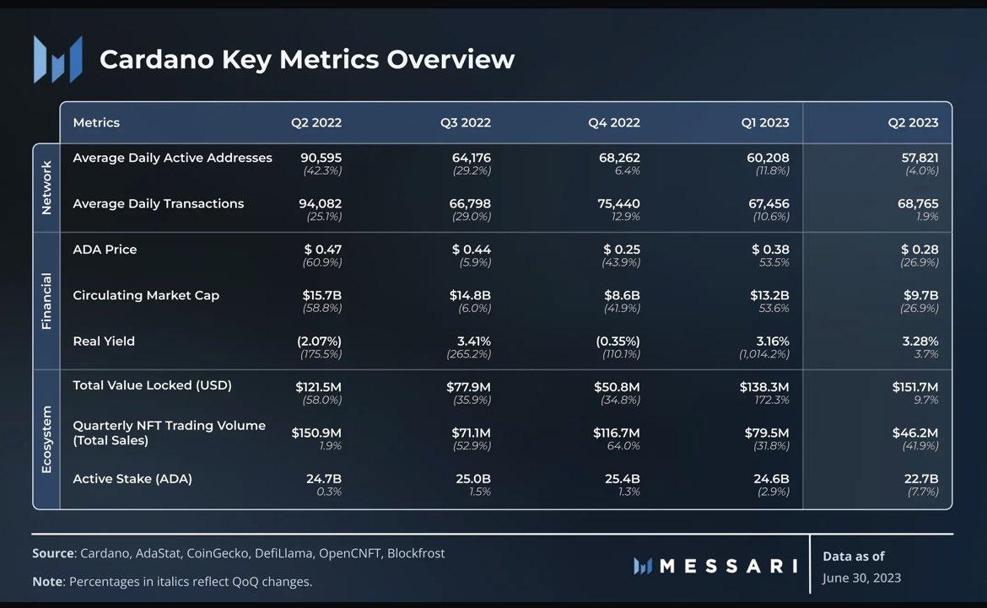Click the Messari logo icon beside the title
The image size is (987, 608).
coord(57,59)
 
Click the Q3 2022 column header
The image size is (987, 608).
coord(465,122)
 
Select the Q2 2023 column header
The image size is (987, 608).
coord(913,122)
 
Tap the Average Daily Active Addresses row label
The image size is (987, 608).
coord(172,158)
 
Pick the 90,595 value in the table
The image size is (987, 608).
coord(321,158)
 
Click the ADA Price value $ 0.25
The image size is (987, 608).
coord(622,250)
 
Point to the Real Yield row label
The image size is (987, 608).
coord(104,342)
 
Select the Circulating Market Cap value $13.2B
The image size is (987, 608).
coord(770,295)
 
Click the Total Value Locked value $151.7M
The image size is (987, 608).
coord(915,387)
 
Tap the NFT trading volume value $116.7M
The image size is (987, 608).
coord(617,433)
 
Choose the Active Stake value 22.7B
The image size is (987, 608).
coord(920,479)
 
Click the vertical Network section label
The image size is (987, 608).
coord(46,187)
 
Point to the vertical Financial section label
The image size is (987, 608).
coord(46,301)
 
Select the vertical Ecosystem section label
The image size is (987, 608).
coord(46,439)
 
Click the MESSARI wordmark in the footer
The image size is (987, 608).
coord(728,566)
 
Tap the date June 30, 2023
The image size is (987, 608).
coord(861,578)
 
